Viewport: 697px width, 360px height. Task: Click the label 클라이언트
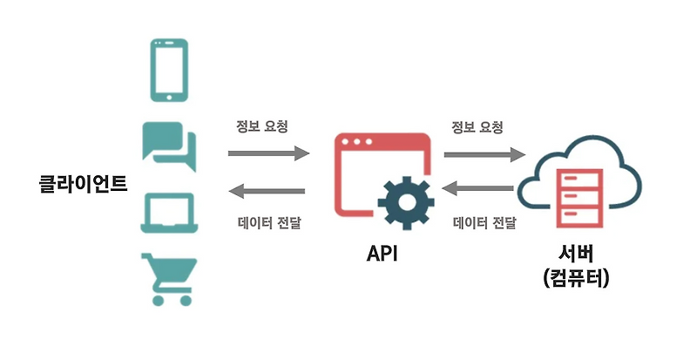(x=83, y=183)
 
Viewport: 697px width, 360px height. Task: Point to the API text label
(x=382, y=253)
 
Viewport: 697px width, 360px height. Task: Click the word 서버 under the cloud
(x=576, y=254)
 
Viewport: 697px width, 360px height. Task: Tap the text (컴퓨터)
(x=576, y=278)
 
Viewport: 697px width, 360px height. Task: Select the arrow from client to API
(x=269, y=153)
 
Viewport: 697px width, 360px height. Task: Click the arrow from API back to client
(x=267, y=192)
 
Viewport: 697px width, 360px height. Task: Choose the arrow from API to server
(x=485, y=154)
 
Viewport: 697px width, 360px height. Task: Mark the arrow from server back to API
(x=477, y=188)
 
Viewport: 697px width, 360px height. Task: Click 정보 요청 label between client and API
(x=262, y=126)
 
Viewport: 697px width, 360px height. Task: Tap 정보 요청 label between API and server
(x=477, y=127)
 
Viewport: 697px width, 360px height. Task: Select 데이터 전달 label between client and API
(x=269, y=222)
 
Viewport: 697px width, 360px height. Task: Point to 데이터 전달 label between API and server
(x=484, y=222)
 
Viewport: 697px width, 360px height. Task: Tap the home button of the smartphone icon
(x=169, y=97)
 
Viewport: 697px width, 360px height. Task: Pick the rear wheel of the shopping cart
(x=158, y=301)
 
